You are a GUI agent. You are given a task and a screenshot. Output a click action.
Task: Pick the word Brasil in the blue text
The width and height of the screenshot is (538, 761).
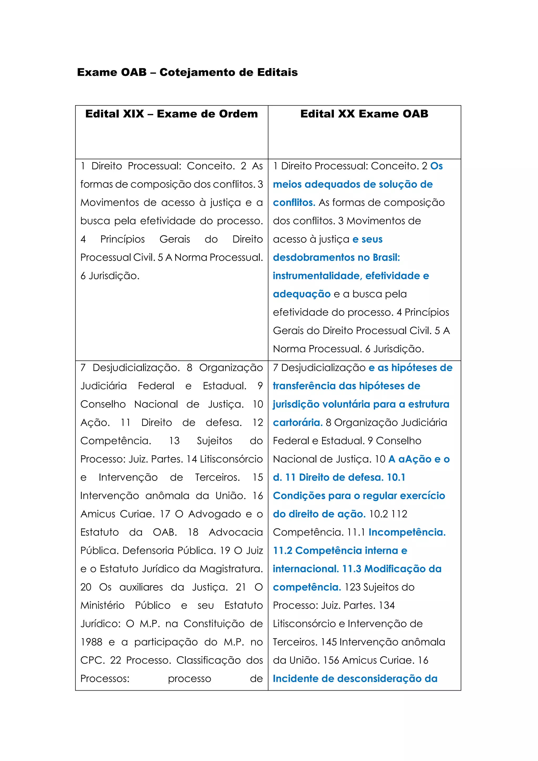point(386,258)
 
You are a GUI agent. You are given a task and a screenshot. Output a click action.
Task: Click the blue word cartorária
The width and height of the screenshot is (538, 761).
point(297,423)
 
